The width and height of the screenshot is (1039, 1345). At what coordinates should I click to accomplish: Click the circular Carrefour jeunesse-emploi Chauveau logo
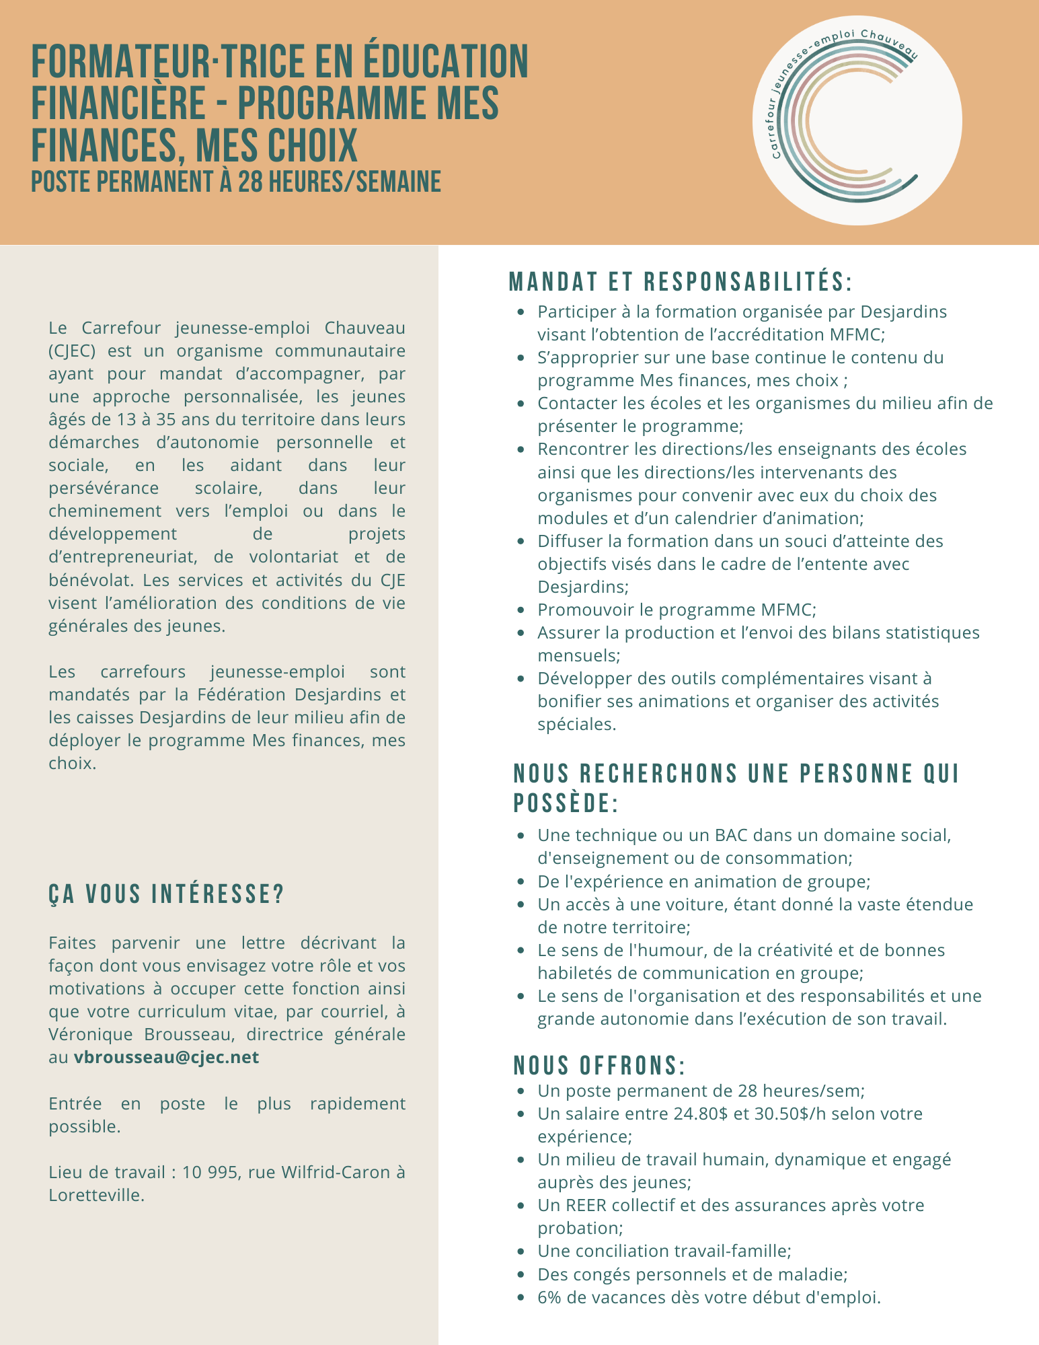click(x=857, y=120)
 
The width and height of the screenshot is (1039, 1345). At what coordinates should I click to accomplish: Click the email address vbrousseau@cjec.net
click(x=166, y=1057)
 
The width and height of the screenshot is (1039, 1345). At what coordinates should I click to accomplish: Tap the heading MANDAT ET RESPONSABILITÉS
click(x=681, y=283)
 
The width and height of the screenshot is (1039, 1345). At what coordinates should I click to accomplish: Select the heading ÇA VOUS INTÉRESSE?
click(x=167, y=895)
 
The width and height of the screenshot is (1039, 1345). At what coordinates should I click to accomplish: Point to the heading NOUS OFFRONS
click(x=599, y=1066)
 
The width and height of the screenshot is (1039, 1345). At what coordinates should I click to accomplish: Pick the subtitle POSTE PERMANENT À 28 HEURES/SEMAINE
click(x=236, y=182)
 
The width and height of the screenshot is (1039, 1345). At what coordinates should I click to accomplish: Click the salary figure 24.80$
click(x=701, y=1114)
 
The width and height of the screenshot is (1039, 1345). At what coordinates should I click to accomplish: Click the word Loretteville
click(x=96, y=1195)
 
